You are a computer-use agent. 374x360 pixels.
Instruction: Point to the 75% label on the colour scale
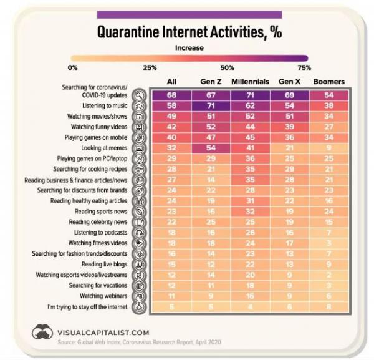304,67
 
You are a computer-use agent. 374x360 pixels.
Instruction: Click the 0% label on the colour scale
72,67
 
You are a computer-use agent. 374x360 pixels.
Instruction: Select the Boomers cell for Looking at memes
328,148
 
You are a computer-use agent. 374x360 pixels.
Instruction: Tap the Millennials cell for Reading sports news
250,212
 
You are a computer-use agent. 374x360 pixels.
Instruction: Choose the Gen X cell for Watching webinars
289,296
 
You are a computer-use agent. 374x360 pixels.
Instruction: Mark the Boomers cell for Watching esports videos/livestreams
328,275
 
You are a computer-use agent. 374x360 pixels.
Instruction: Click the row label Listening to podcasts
102,233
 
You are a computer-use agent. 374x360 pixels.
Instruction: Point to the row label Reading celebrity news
98,222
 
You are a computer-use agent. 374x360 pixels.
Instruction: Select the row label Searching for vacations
99,285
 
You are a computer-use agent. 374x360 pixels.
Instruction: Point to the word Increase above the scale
188,47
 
